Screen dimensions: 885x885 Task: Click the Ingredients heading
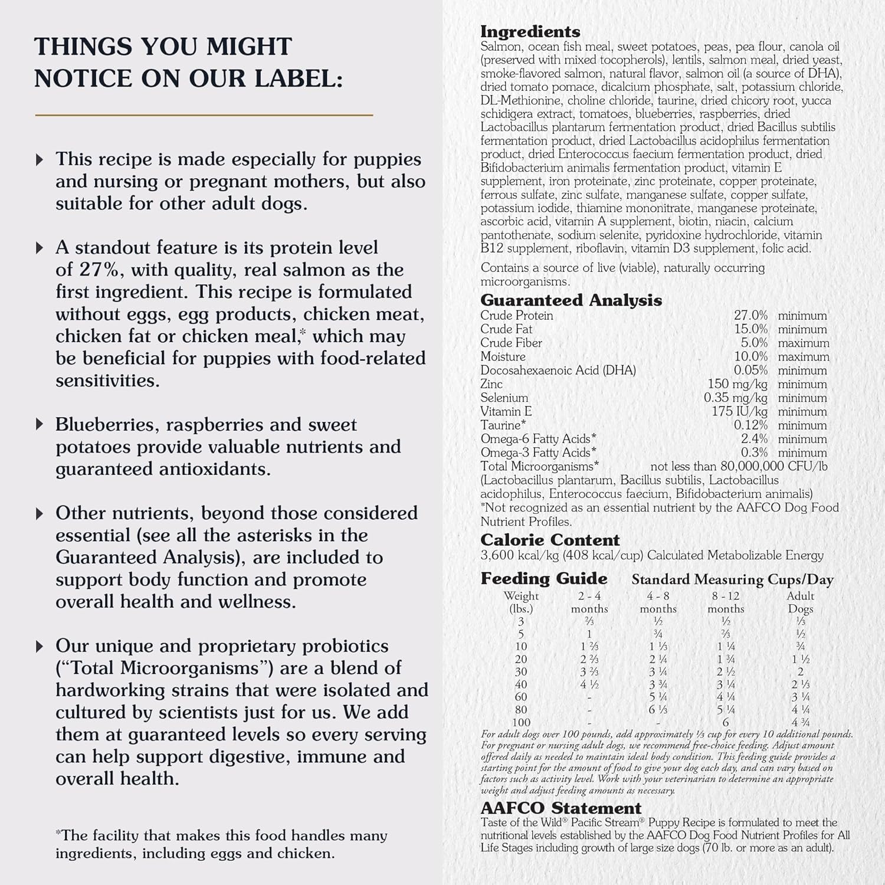[530, 32]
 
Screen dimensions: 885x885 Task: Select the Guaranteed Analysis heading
[571, 300]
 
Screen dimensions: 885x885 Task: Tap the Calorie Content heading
[550, 540]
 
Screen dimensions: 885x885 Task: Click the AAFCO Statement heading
[560, 808]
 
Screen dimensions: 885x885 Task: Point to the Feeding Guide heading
[543, 578]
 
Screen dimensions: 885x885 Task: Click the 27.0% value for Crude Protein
[750, 316]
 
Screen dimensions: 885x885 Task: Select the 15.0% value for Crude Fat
[750, 329]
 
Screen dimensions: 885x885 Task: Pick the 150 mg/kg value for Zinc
[737, 384]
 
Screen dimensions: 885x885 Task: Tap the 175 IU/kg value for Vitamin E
[739, 411]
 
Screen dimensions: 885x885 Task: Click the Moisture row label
[503, 356]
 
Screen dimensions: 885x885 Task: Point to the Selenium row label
[504, 398]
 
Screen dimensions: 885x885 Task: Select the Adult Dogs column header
[800, 602]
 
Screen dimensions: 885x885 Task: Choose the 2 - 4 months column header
[589, 602]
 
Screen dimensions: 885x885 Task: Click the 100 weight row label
[521, 722]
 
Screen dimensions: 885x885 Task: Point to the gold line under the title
[204, 115]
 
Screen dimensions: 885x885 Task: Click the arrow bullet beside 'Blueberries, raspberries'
[40, 424]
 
